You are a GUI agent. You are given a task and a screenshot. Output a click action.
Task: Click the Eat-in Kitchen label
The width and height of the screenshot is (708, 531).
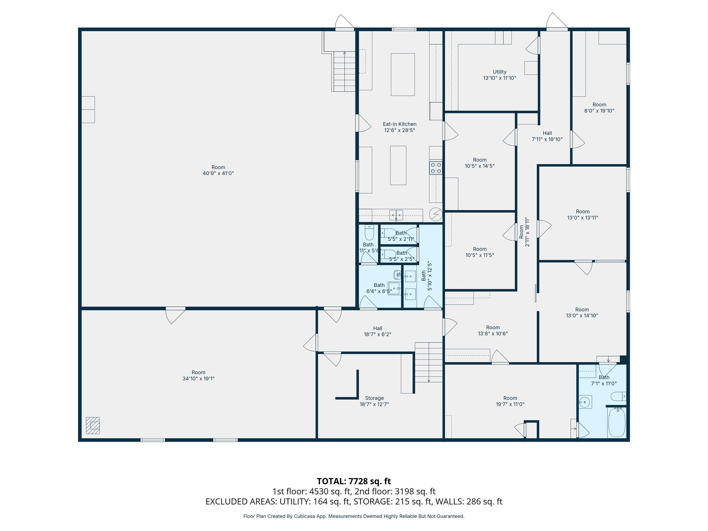click(399, 127)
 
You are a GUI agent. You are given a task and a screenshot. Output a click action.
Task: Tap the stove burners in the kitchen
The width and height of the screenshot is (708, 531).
click(436, 168)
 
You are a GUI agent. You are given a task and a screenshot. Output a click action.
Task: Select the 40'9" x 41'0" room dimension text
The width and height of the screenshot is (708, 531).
click(218, 174)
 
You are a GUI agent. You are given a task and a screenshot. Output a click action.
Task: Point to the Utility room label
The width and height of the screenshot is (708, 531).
click(499, 75)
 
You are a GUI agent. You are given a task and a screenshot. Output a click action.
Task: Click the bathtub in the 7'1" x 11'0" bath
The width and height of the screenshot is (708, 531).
click(617, 422)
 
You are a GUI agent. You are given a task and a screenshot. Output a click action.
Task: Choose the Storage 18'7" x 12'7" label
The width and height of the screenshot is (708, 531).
click(374, 401)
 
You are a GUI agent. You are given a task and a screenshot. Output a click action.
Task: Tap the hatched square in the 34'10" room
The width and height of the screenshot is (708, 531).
click(93, 425)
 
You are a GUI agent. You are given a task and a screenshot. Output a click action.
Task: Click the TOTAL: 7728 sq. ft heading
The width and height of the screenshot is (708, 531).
click(354, 481)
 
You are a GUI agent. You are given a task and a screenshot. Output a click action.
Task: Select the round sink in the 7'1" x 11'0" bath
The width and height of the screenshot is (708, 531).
click(585, 402)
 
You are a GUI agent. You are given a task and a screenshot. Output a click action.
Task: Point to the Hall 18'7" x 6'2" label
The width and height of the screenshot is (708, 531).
click(378, 331)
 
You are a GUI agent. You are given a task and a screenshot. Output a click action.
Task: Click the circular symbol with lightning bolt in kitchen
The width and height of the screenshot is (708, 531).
click(436, 214)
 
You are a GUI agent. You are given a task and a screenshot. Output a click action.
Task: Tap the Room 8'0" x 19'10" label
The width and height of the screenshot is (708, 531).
click(599, 108)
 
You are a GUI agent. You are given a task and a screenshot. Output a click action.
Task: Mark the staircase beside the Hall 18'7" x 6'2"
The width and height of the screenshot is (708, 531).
click(429, 362)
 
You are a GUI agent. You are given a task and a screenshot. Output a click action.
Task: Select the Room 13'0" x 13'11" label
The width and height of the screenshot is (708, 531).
click(583, 214)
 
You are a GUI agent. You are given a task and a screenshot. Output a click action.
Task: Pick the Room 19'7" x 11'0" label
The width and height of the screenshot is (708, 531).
click(510, 401)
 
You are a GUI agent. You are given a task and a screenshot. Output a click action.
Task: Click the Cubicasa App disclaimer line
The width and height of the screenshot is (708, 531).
click(354, 516)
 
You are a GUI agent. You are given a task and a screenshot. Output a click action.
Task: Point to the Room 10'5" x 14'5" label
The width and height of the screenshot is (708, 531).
click(479, 163)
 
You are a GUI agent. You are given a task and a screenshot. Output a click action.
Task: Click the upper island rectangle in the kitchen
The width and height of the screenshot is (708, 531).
click(403, 74)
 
